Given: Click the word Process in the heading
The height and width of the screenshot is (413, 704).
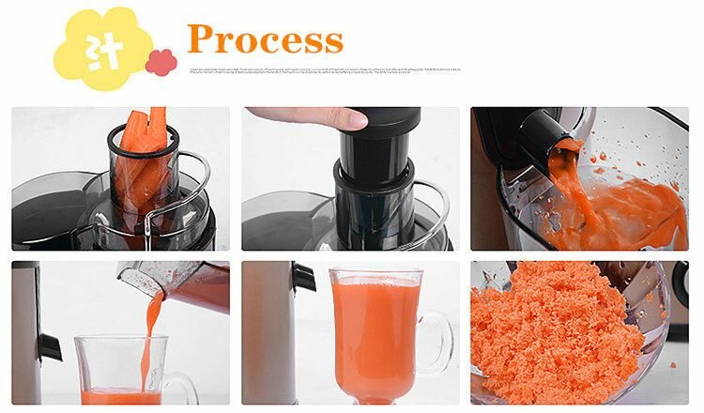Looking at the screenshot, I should (265, 38).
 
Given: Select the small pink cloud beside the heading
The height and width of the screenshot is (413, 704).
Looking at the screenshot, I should (161, 62).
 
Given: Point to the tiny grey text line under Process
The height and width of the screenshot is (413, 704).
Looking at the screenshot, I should (324, 69).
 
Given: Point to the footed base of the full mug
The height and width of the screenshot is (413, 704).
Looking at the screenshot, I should (375, 394).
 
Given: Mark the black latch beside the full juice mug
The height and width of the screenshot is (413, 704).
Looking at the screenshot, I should (303, 276).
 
